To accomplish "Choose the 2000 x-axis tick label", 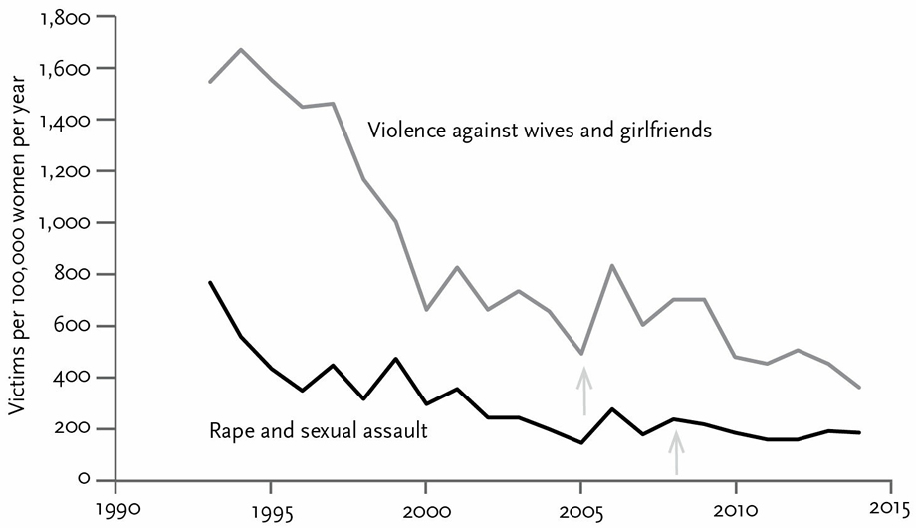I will [425, 510].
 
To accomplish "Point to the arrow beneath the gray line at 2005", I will [583, 391].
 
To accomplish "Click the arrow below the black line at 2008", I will [676, 452].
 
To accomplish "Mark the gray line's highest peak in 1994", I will [241, 49].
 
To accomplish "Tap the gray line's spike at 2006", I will [612, 265].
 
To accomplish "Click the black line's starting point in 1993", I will [210, 282].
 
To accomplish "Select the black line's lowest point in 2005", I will [581, 442].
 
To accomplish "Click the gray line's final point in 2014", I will [860, 387].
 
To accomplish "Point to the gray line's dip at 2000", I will [426, 309].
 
